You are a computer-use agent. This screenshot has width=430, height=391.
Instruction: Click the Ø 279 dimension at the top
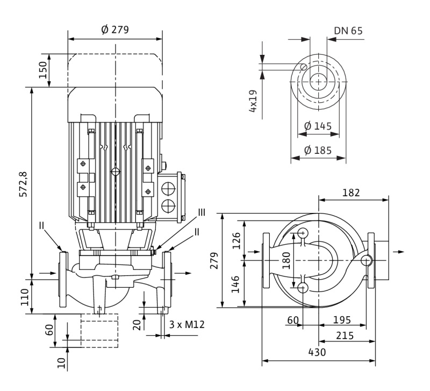115,30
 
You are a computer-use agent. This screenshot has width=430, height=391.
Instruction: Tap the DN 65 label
348,30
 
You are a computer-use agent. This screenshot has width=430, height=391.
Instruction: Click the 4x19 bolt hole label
253,100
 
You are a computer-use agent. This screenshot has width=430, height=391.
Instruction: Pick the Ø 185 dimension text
318,150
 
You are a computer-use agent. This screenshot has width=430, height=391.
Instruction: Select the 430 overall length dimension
317,352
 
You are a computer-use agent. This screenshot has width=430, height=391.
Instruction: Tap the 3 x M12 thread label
187,324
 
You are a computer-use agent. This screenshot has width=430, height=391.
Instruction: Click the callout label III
202,212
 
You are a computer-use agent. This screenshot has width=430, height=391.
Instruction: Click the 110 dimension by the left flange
25,296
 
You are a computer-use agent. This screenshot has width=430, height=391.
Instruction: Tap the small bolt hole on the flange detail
304,67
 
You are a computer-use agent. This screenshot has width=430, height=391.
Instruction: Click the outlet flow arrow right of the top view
398,251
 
